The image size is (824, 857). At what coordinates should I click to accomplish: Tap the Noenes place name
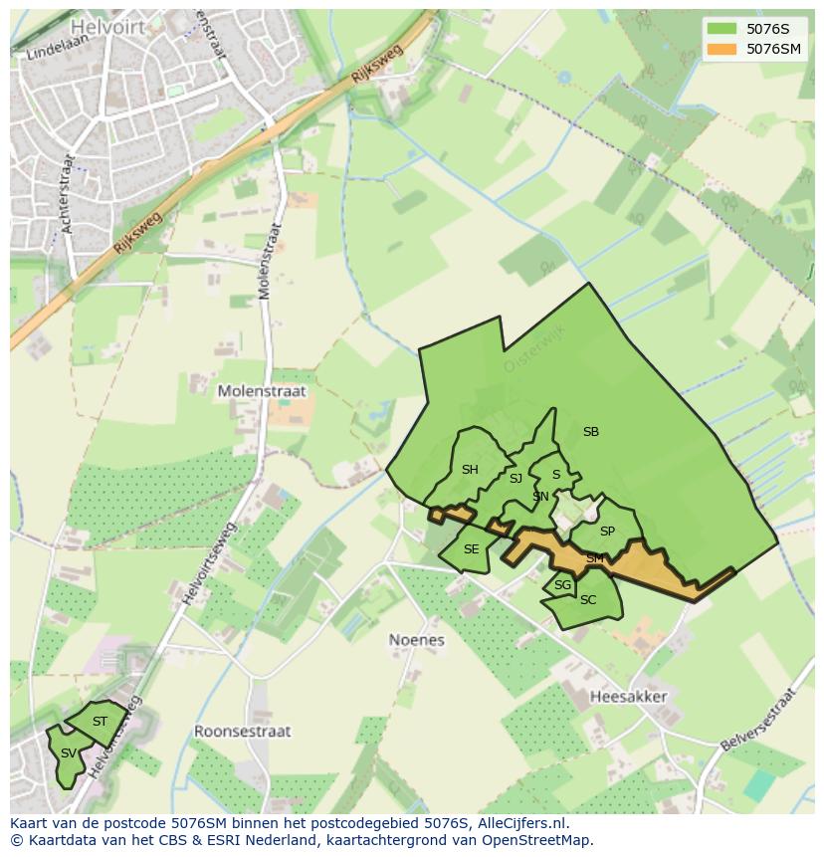coord(416,640)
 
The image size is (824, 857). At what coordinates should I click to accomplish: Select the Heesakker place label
coord(628,697)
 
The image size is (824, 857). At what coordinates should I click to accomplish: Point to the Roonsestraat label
coord(242,731)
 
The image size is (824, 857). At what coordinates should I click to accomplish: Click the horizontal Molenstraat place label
coord(263,392)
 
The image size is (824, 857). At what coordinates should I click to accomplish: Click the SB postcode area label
coord(591,432)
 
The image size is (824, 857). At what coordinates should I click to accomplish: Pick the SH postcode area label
coord(470,470)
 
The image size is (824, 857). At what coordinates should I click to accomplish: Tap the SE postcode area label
coord(471,549)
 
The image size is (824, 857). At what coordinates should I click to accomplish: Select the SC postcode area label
coord(587,599)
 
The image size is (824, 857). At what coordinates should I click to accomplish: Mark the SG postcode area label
coord(562,585)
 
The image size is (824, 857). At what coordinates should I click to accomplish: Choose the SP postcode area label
coord(607,532)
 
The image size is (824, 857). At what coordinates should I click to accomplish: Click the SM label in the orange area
coord(594,558)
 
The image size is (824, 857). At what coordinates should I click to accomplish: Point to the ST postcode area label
coord(100,721)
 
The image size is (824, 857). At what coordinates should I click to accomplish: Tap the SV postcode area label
coord(68,752)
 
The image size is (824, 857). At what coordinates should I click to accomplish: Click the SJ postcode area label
coord(515,479)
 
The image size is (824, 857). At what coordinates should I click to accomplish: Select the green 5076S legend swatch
coord(721,29)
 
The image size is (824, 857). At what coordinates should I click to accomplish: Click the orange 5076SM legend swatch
coord(721,49)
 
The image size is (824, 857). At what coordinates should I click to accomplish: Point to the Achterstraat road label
coord(68,194)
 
